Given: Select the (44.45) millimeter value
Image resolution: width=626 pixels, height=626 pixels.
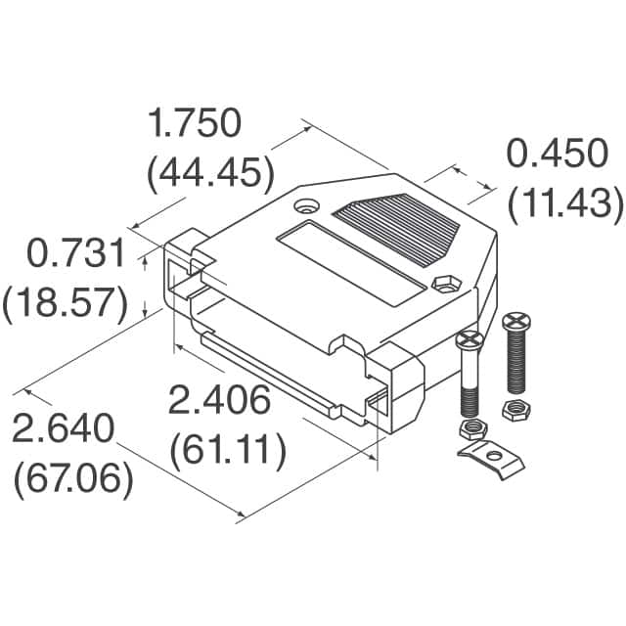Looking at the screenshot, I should pyautogui.click(x=208, y=173).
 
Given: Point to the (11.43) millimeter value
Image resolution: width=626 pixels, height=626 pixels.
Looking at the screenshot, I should pyautogui.click(x=565, y=202).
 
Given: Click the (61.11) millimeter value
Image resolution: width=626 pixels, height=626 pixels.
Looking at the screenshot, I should pyautogui.click(x=228, y=450).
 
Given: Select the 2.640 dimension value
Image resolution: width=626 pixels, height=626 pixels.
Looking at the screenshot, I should pyautogui.click(x=64, y=431).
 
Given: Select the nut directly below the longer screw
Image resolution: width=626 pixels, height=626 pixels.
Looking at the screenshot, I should pyautogui.click(x=515, y=409).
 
